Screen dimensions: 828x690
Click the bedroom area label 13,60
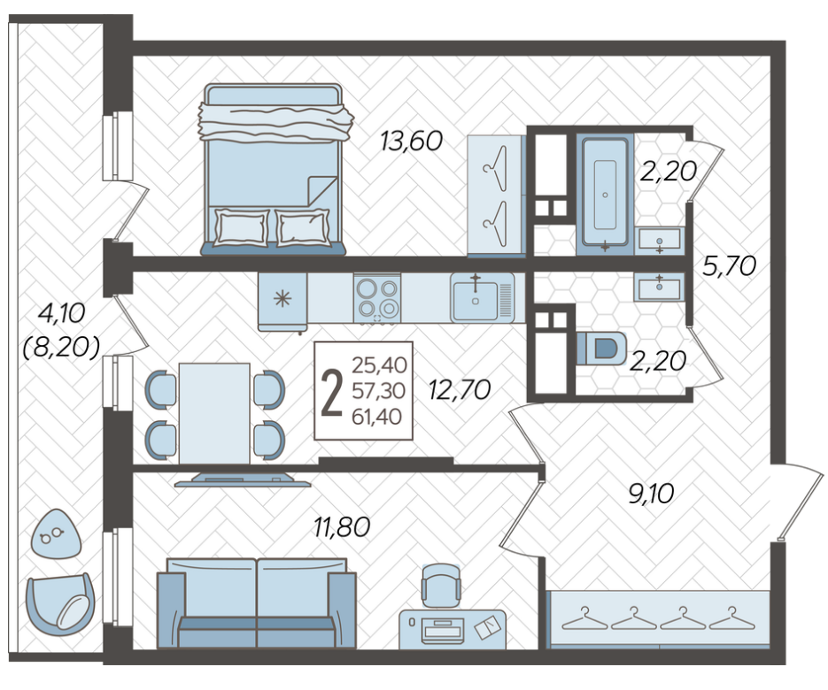pyautogui.click(x=412, y=142)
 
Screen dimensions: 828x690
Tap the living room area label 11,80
pyautogui.click(x=342, y=526)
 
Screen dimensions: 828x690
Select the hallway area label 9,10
pyautogui.click(x=651, y=494)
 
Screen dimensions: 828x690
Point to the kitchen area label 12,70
pyautogui.click(x=460, y=390)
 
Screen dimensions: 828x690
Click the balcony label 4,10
pyautogui.click(x=61, y=313)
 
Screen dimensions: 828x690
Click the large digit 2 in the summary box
pyautogui.click(x=332, y=393)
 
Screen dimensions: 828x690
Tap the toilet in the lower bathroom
pyautogui.click(x=601, y=349)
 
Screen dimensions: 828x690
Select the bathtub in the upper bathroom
pyautogui.click(x=605, y=194)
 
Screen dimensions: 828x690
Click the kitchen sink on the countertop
pyautogui.click(x=482, y=297)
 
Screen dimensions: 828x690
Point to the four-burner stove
pyautogui.click(x=377, y=298)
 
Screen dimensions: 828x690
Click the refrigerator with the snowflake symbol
pyautogui.click(x=282, y=302)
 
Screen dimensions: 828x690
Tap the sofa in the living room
pyautogui.click(x=257, y=603)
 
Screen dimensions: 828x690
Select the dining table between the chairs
pyautogui.click(x=214, y=413)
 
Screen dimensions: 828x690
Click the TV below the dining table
pyautogui.click(x=243, y=479)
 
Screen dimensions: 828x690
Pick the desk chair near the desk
pyautogui.click(x=440, y=585)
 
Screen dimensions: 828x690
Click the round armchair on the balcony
pyautogui.click(x=61, y=604)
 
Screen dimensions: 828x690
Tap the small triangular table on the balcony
pyautogui.click(x=57, y=533)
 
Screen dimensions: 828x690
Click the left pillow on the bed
pyautogui.click(x=240, y=227)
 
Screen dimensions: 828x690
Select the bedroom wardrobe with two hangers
pyautogui.click(x=495, y=195)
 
